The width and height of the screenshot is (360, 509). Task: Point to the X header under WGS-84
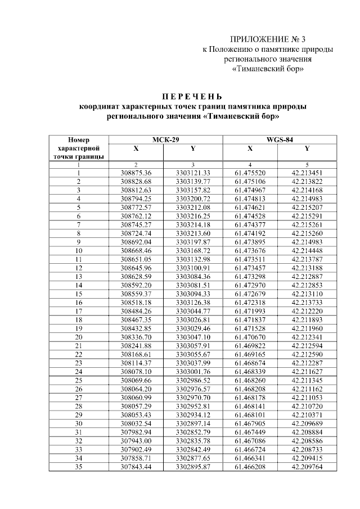(x=250, y=149)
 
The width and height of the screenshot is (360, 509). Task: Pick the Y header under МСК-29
(x=193, y=149)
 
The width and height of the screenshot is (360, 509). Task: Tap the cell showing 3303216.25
(x=193, y=215)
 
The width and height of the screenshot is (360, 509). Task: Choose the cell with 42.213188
(x=307, y=268)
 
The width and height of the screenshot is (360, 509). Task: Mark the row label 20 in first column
(x=79, y=337)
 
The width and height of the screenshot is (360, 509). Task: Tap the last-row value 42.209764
(x=307, y=467)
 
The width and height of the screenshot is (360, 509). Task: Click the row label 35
(x=79, y=467)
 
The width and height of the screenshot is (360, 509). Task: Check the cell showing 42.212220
(x=307, y=311)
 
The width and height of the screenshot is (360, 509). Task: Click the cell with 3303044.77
(x=193, y=311)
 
